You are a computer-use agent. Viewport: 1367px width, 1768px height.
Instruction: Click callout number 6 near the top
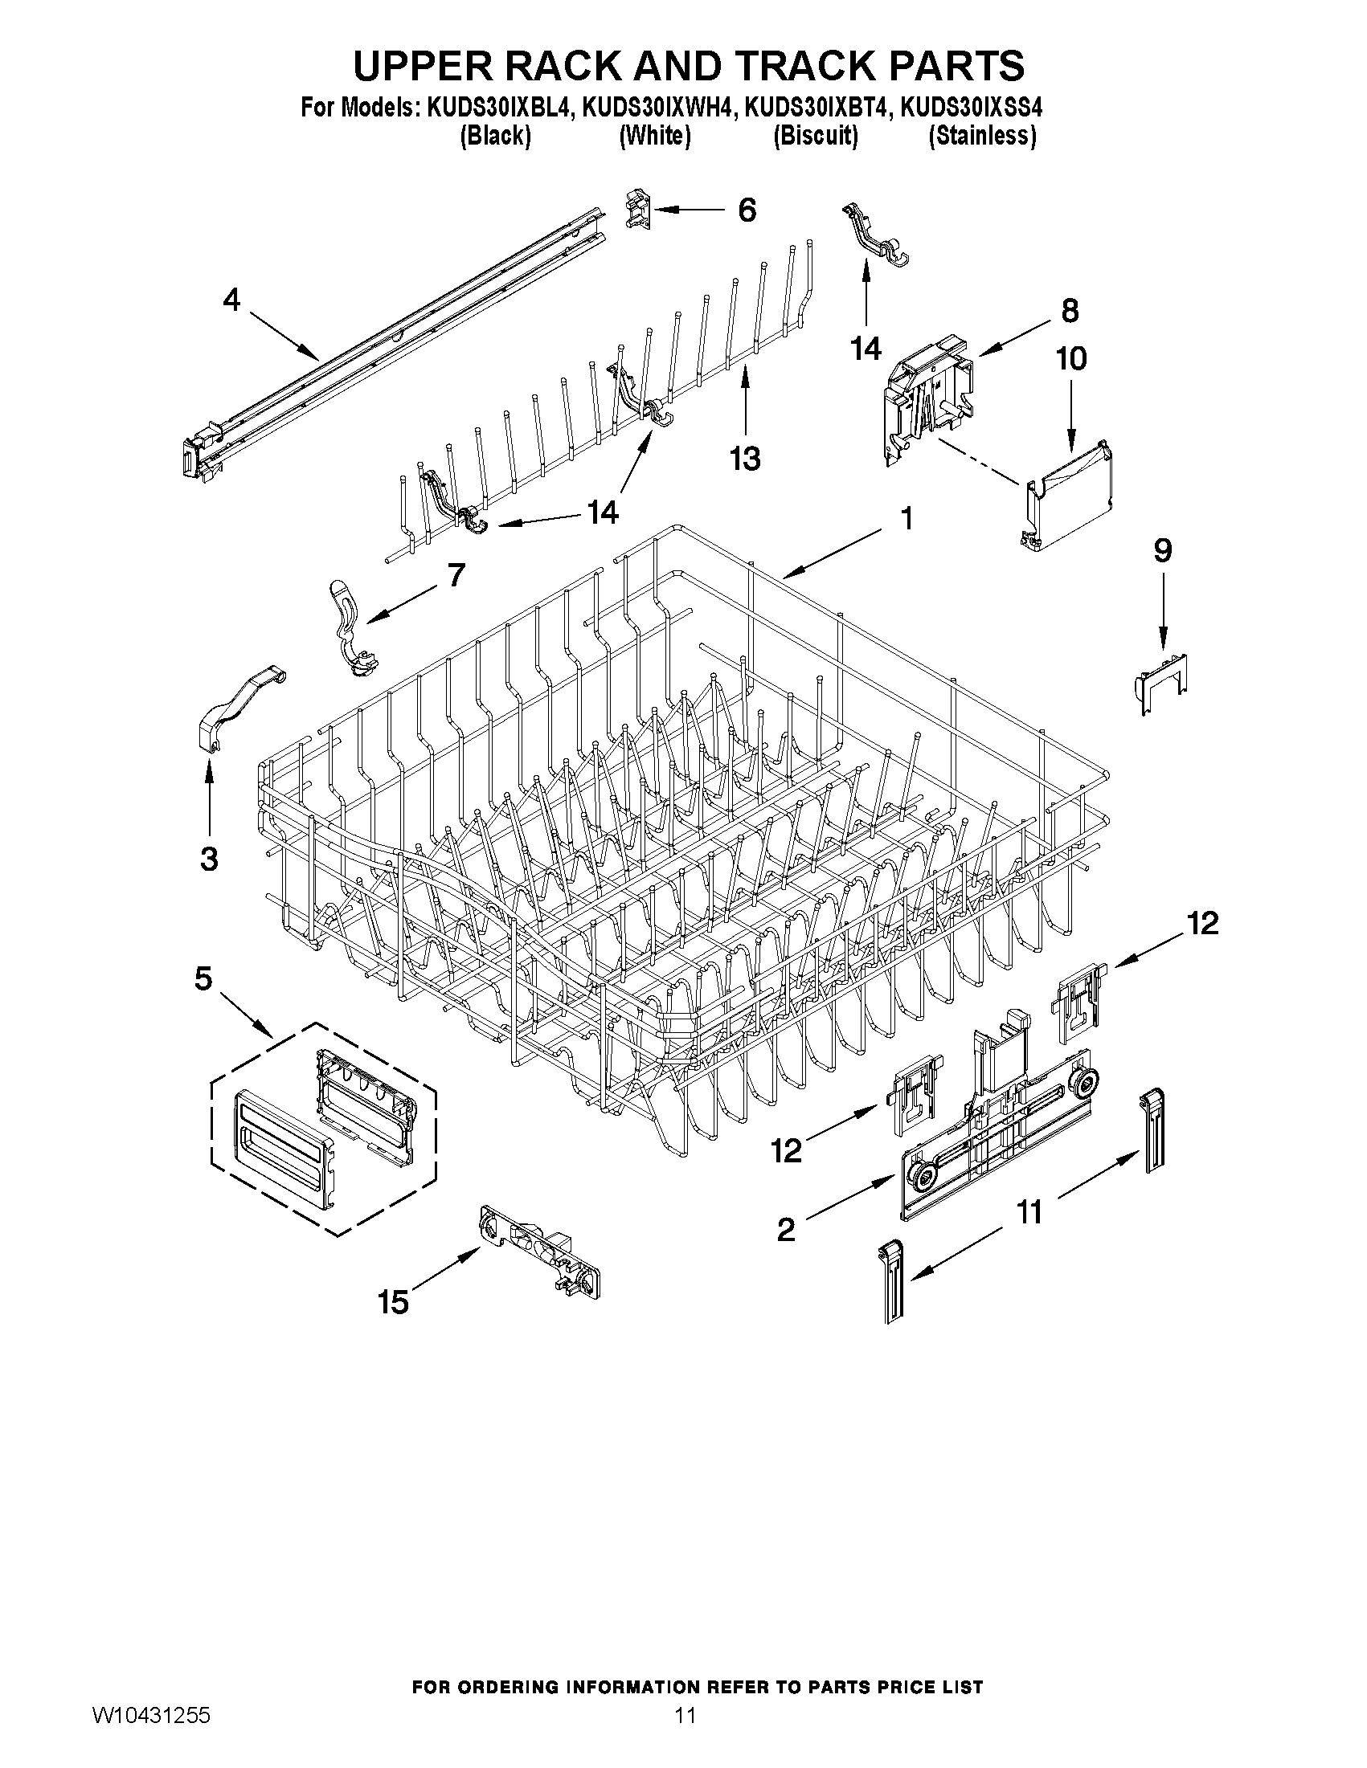746,210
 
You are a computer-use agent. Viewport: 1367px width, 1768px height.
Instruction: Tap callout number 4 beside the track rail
231,300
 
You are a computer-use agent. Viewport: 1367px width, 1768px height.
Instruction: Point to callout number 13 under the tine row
744,459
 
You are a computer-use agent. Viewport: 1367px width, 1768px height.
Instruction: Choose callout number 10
1070,357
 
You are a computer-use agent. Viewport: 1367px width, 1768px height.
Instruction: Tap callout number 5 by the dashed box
203,979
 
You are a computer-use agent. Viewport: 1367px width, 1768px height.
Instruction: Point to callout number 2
785,1231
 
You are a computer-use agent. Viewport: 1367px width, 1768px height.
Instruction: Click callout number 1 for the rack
907,518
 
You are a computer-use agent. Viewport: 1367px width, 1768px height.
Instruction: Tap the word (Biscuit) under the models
815,136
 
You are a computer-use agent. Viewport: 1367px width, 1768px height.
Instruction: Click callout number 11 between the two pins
1029,1213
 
